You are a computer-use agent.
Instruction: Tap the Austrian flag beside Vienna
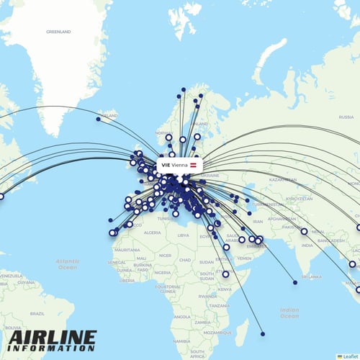pos(193,165)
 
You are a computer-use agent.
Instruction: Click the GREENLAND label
pos(58,32)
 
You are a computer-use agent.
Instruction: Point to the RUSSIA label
pos(346,117)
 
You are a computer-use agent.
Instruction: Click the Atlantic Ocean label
pos(68,263)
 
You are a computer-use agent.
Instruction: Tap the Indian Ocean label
pos(289,312)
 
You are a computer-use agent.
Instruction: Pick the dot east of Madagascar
pos(262,333)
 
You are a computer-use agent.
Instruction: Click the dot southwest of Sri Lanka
pos(295,282)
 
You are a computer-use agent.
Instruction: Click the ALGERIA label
pos(153,233)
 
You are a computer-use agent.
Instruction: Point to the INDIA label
pos(307,246)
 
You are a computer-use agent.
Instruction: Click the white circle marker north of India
pos(304,231)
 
